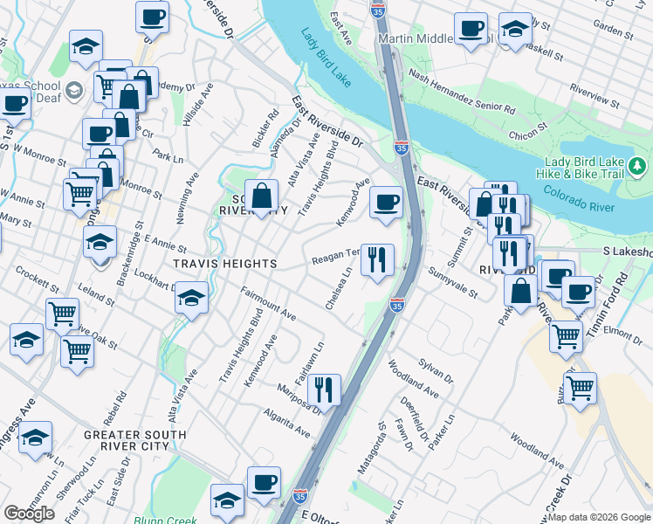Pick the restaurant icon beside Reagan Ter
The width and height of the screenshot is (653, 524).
[377, 259]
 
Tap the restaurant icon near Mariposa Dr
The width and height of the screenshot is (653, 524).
[324, 390]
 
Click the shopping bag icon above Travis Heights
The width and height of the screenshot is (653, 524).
[261, 196]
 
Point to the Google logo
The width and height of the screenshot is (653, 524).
[30, 514]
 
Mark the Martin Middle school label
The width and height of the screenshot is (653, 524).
[415, 39]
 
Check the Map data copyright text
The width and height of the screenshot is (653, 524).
[600, 517]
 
